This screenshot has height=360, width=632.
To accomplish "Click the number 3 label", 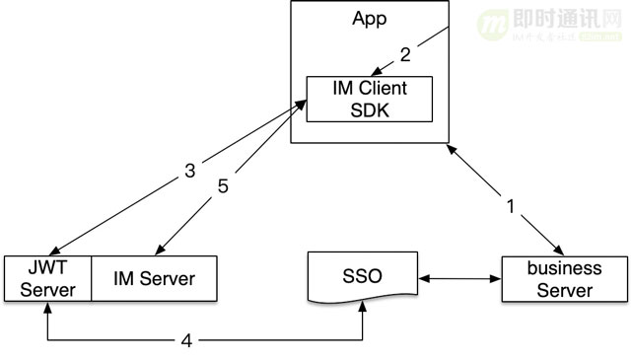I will [x=188, y=171].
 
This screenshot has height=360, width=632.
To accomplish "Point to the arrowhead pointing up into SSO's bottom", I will [x=364, y=309].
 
